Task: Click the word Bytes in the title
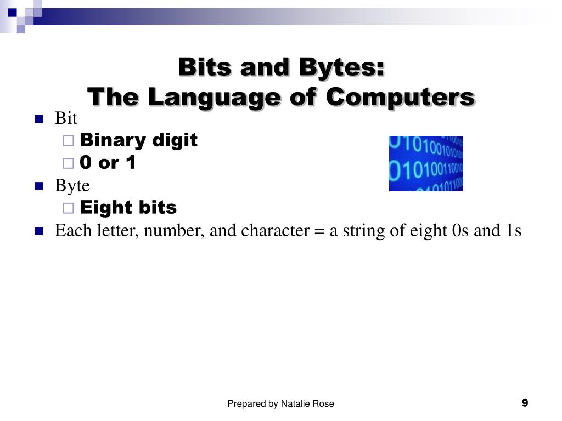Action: [341, 67]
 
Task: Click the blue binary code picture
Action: [426, 163]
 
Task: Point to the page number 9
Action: [525, 403]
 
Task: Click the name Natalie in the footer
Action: [296, 404]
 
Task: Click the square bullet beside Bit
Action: [38, 119]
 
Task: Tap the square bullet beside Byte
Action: [38, 186]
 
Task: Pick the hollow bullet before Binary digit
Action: [68, 141]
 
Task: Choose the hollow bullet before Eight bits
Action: [68, 208]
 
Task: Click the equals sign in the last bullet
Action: [319, 231]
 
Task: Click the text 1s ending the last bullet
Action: [513, 231]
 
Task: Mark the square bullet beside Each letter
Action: [38, 231]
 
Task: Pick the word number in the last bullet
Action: [174, 231]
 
